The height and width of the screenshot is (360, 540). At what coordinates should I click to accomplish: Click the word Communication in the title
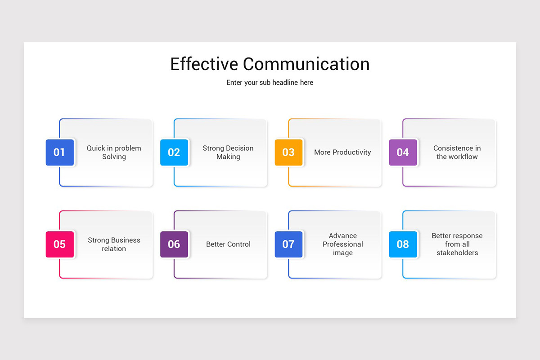click(306, 64)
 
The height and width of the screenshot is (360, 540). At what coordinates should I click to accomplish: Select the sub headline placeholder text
click(270, 83)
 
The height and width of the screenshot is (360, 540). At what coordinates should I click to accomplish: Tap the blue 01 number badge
click(59, 153)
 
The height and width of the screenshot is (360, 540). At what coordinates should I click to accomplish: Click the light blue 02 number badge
click(174, 153)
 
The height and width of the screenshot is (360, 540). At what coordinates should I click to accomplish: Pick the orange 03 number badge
click(288, 153)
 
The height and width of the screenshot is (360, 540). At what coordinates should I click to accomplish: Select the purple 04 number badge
click(403, 153)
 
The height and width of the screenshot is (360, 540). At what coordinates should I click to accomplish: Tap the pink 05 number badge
click(59, 244)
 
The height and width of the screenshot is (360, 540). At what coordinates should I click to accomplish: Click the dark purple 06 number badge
click(174, 244)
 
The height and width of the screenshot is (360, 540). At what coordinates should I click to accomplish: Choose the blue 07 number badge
click(288, 244)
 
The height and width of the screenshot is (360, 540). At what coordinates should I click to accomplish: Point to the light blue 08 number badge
click(403, 244)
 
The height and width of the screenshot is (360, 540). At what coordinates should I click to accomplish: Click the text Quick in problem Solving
click(114, 153)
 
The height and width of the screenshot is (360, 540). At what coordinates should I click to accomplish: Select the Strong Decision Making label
click(228, 153)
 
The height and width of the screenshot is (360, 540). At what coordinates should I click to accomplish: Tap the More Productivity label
click(342, 153)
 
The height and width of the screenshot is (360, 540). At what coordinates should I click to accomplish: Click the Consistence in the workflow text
click(457, 153)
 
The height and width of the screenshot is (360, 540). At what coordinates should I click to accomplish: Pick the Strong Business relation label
click(114, 244)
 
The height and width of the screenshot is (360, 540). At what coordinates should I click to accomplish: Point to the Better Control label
click(228, 244)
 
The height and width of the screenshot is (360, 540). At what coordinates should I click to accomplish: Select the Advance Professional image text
click(342, 244)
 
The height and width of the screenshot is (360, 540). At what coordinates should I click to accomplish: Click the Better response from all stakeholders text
click(457, 244)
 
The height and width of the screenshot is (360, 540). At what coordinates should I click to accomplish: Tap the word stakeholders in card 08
click(457, 253)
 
